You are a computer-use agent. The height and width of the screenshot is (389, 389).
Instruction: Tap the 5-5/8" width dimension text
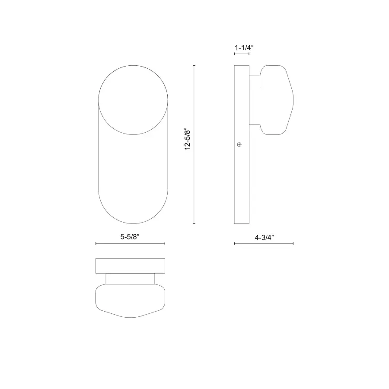click(x=130, y=236)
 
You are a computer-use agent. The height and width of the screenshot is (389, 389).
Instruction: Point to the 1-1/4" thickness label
click(x=243, y=48)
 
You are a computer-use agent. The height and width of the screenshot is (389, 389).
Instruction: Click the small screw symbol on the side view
click(x=239, y=145)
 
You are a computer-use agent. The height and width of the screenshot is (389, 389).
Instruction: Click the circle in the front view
click(x=133, y=99)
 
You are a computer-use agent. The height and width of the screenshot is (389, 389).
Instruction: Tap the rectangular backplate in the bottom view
click(x=130, y=266)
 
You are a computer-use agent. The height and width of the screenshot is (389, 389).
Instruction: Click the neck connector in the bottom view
click(x=130, y=278)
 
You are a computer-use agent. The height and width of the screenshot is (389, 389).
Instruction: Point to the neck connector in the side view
click(x=255, y=99)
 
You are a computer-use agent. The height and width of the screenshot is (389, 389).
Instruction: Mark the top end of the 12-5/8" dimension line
click(x=194, y=66)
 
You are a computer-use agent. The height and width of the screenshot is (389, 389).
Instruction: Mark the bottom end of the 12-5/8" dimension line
click(x=194, y=223)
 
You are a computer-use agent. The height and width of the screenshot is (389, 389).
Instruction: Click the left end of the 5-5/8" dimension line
click(x=96, y=244)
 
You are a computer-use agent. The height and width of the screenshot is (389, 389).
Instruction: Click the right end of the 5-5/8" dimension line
click(x=165, y=244)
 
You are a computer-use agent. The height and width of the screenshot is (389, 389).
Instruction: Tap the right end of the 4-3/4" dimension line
click(x=293, y=244)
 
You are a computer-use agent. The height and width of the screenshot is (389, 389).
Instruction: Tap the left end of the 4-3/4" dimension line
click(x=235, y=244)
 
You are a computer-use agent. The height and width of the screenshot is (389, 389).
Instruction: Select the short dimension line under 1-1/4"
click(x=242, y=54)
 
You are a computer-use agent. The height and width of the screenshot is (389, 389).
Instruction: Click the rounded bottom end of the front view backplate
click(x=133, y=216)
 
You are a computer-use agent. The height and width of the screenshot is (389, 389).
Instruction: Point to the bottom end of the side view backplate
click(x=242, y=222)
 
